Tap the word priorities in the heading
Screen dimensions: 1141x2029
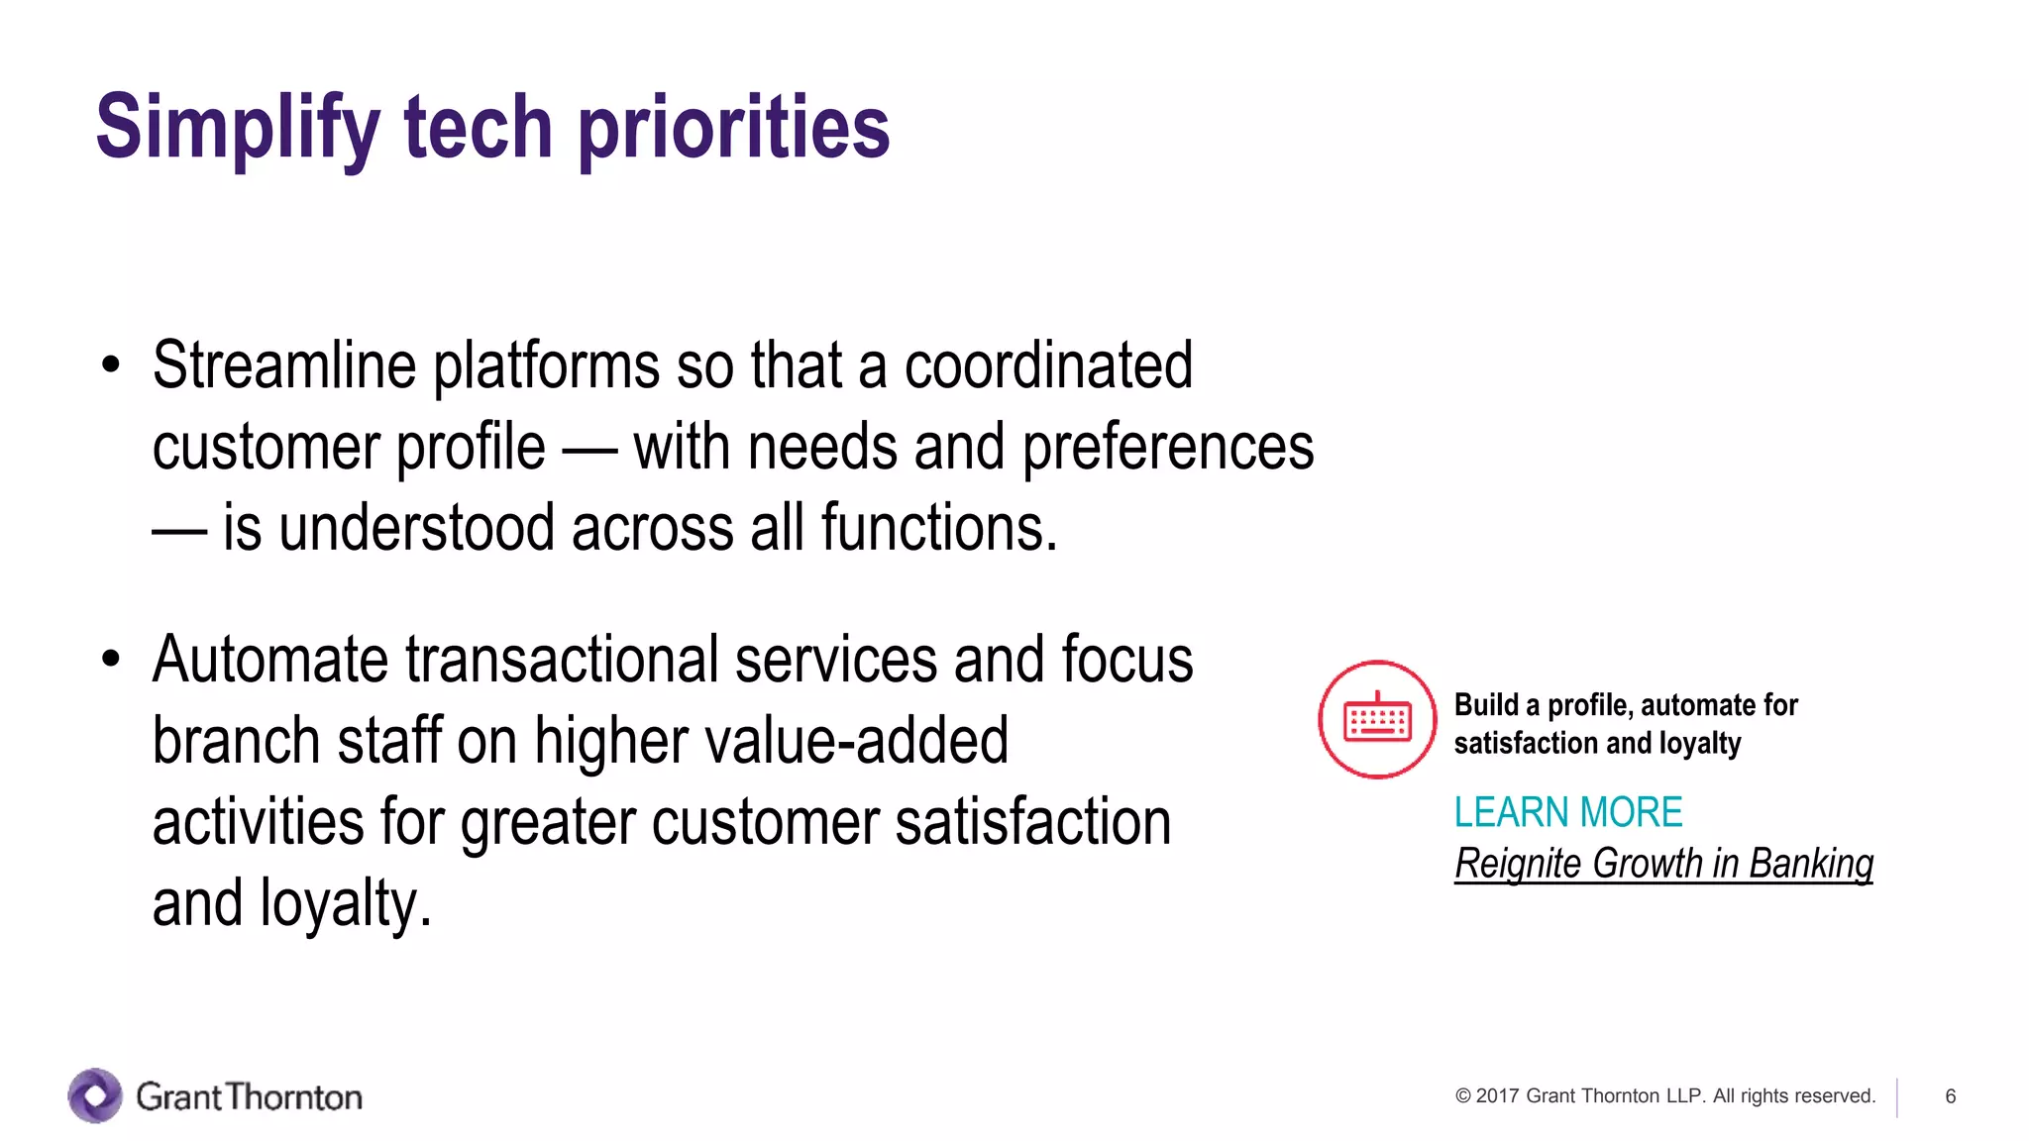click(733, 129)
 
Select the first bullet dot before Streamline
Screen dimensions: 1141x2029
click(110, 365)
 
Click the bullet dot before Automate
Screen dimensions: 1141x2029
click(110, 659)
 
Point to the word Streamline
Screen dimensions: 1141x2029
click(284, 365)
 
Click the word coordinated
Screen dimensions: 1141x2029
click(1048, 365)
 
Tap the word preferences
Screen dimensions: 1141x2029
click(1167, 448)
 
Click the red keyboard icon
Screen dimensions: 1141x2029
click(1377, 720)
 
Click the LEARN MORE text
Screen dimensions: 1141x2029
click(1567, 812)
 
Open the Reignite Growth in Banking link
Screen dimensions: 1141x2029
click(1663, 864)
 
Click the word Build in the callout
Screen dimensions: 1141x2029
click(1486, 705)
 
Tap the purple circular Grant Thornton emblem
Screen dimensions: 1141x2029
click(95, 1095)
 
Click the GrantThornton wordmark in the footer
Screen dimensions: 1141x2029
click(249, 1096)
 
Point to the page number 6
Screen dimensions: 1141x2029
click(1950, 1096)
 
